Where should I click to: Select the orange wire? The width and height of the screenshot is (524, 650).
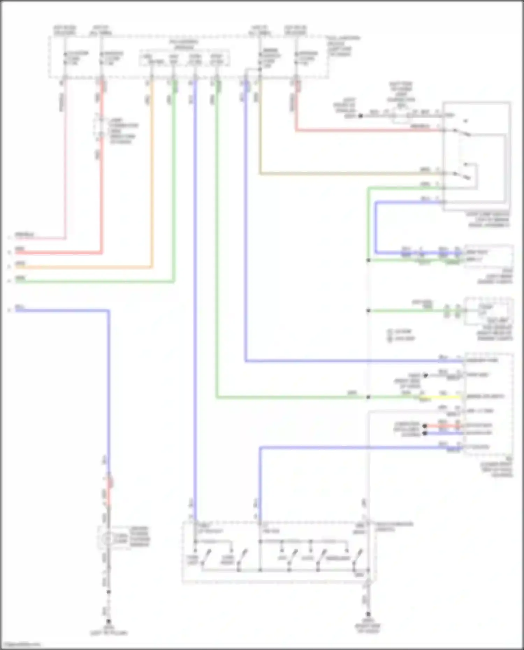(x=151, y=175)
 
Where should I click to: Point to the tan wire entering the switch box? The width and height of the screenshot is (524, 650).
(x=349, y=173)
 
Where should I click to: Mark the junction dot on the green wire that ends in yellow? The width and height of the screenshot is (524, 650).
(x=368, y=397)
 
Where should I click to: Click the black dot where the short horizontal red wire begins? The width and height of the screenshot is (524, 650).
(x=425, y=426)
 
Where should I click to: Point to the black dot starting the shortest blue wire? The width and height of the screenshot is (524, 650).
(x=425, y=433)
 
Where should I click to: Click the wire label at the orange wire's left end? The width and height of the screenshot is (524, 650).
(x=20, y=264)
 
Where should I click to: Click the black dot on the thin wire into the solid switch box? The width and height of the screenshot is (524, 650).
(x=361, y=115)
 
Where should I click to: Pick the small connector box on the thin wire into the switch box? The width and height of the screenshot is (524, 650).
(x=401, y=116)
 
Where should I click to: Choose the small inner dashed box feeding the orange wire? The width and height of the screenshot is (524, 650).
(x=184, y=58)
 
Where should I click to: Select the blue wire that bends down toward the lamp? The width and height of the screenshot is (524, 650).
(x=109, y=384)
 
